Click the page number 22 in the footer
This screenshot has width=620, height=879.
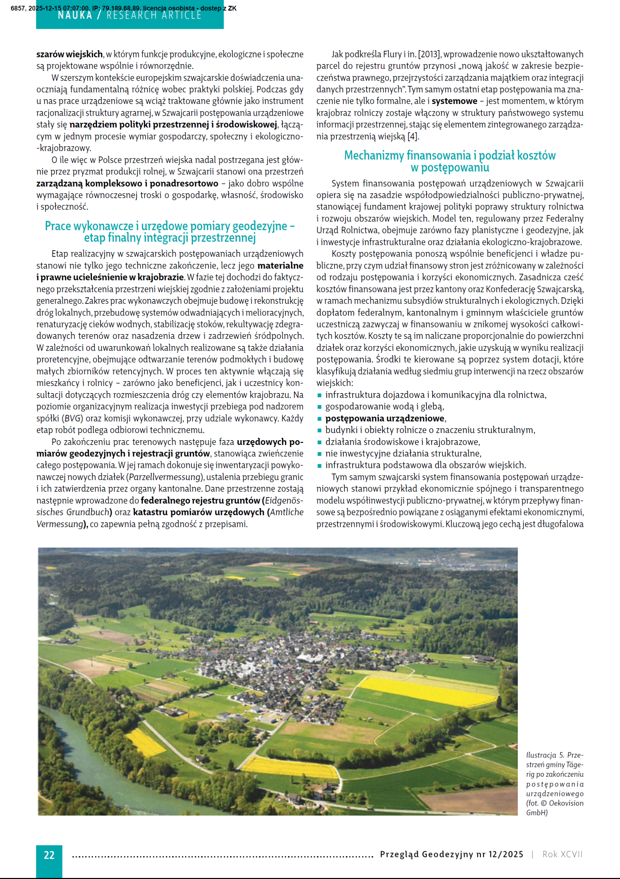point(49,855)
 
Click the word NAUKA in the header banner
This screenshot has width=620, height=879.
point(75,15)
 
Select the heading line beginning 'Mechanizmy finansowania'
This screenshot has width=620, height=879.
point(449,156)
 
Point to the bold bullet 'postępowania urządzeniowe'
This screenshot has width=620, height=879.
point(385,418)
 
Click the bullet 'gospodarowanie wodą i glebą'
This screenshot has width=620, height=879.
point(384,406)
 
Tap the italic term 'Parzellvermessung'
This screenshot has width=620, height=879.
point(165,477)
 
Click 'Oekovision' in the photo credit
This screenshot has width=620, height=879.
point(566,803)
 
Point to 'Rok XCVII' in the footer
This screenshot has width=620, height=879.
point(562,854)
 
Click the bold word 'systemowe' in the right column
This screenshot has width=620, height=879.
point(454,101)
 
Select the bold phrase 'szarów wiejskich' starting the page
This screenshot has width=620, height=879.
point(69,54)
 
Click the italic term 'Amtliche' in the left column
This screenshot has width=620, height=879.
point(286,512)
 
